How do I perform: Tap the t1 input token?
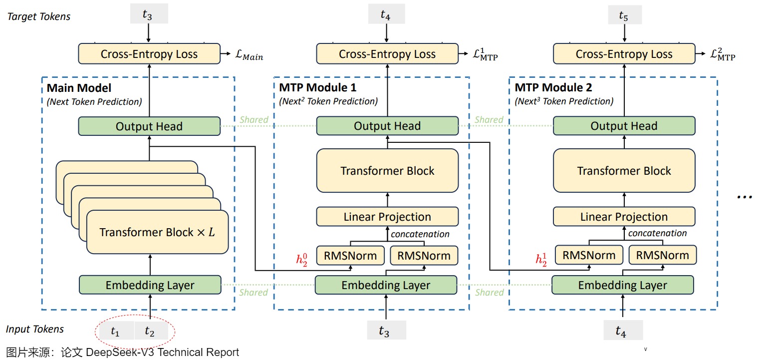pos(115,331)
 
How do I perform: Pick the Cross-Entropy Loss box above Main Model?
pos(149,54)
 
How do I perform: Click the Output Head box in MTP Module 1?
pos(387,126)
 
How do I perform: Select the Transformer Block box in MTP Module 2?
pos(624,171)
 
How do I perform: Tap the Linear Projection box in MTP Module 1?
pos(387,217)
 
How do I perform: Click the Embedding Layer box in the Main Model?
pos(150,285)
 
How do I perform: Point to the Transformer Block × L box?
pos(157,232)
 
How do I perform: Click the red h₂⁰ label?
pos(302,260)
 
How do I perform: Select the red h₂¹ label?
pos(541,259)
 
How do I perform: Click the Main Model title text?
pos(79,88)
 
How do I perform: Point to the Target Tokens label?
pos(39,16)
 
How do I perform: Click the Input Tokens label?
pos(35,329)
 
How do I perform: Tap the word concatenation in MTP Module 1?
pos(420,234)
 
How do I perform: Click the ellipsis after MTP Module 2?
pos(744,197)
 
